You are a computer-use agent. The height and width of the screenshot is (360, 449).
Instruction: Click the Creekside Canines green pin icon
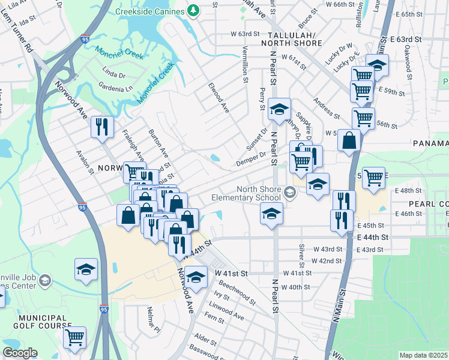pyautogui.click(x=192, y=10)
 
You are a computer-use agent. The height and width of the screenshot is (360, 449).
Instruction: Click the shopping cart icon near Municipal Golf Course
pyautogui.click(x=74, y=337)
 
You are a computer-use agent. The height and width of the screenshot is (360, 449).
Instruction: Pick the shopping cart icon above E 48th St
pyautogui.click(x=373, y=177)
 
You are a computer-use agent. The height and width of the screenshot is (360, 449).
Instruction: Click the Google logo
pyautogui.click(x=20, y=353)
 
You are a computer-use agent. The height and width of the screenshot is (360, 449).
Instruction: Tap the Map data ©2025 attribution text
pyautogui.click(x=424, y=355)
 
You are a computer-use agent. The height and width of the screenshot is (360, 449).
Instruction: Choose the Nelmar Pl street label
pyautogui.click(x=154, y=320)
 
